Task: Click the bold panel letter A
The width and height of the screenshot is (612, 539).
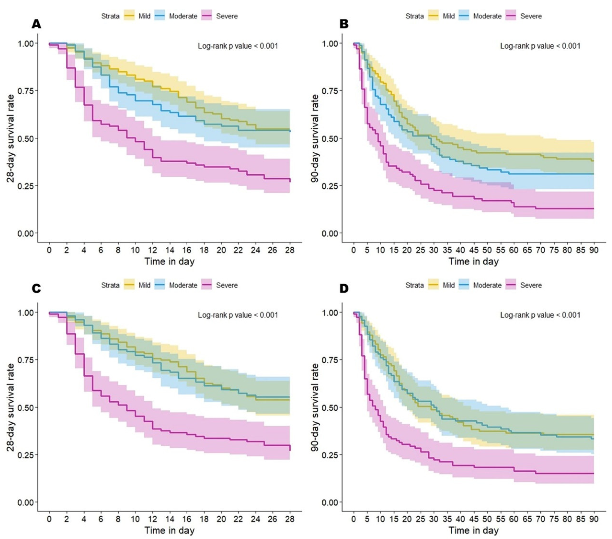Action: [36, 24]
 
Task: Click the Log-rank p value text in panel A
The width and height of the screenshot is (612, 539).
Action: [238, 46]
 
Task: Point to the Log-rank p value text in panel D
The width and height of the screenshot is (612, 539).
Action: [540, 315]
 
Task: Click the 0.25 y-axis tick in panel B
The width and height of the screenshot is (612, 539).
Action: [330, 186]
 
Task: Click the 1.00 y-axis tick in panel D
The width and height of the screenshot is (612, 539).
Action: [330, 312]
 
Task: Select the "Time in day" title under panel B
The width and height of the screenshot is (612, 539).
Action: [473, 261]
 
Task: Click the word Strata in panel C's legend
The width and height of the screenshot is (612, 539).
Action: [110, 285]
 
